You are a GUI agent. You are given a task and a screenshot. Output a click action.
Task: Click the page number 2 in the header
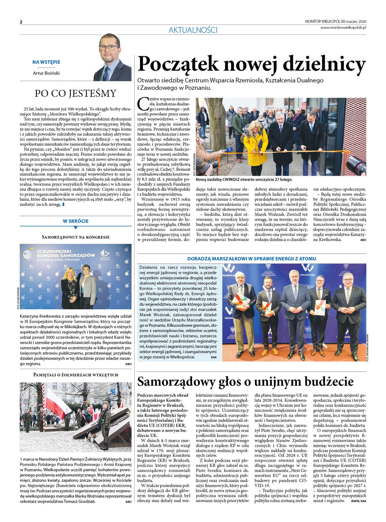tap(21, 22)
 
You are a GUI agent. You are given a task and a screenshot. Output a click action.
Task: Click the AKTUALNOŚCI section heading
tap(193, 30)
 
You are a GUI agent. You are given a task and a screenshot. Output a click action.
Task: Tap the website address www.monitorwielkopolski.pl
tap(343, 27)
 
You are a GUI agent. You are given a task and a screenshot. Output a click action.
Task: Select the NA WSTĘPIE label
tap(46, 62)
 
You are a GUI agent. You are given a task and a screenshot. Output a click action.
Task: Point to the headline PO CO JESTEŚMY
tap(75, 93)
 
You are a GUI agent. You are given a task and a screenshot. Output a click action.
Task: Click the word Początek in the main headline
tap(178, 64)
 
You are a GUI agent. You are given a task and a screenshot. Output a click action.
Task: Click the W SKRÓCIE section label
tap(76, 221)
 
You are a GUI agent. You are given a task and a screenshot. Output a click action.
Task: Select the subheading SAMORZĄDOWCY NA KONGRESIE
tap(76, 237)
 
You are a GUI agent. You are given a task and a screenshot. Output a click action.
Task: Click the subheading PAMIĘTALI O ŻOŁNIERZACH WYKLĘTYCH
tap(76, 375)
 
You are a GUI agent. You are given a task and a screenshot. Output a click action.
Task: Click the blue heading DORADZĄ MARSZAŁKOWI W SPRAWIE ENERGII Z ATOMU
tap(251, 259)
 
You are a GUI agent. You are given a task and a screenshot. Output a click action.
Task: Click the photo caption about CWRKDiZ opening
tap(244, 179)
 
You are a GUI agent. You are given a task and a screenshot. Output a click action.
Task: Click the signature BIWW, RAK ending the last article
tap(359, 501)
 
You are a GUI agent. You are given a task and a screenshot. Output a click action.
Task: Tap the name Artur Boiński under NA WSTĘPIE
tap(46, 73)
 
